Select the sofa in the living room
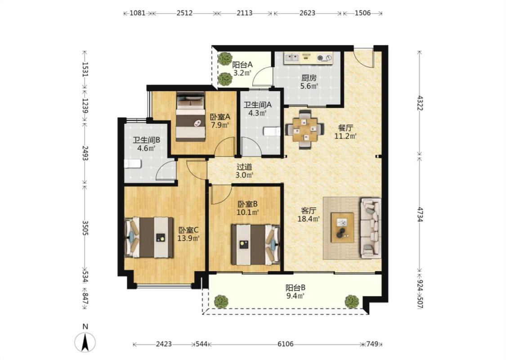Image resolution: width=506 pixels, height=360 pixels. click(x=371, y=228)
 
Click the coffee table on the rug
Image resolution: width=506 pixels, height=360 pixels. click(x=342, y=227)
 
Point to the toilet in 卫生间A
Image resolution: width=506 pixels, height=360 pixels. click(x=272, y=132)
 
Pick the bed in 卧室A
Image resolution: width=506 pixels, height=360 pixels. click(x=191, y=117)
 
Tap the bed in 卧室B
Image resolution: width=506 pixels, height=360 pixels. click(x=255, y=244)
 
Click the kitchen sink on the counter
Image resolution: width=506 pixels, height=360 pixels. click(x=292, y=58)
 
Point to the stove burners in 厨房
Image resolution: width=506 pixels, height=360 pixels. click(x=324, y=58)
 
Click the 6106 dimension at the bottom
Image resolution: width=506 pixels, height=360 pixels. click(x=286, y=344)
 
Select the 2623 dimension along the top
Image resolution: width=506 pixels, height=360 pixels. click(x=307, y=13)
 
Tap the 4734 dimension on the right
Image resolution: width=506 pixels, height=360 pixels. click(x=420, y=215)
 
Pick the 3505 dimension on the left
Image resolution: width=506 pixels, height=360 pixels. click(x=85, y=228)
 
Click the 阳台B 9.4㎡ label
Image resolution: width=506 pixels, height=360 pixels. click(x=295, y=292)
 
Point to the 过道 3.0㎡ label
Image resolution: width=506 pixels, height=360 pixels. click(x=245, y=171)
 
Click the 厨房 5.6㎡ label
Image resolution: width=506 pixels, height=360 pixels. click(x=309, y=82)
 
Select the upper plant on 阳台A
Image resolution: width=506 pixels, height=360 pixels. click(x=223, y=59)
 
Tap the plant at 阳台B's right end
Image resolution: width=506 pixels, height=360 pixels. click(x=352, y=301)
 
